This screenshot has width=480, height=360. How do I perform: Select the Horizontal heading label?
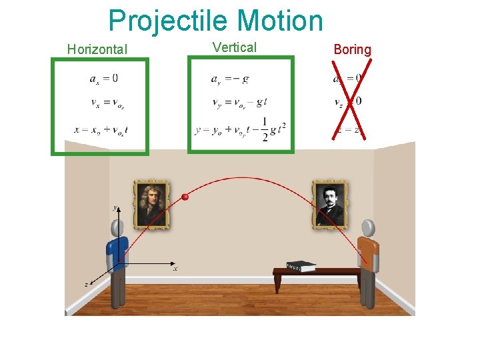tap(97, 49)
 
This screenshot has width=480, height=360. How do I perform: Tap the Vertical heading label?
tap(235, 47)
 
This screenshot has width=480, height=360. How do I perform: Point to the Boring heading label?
tap(353, 49)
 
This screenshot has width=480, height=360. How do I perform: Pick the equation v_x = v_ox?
tap(107, 103)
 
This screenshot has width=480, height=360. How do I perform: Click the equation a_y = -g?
tap(230, 79)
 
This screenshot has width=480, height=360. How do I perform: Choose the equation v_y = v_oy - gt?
tap(239, 103)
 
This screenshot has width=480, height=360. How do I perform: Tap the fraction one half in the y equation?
tap(265, 130)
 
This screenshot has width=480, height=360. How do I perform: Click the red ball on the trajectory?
tap(185, 197)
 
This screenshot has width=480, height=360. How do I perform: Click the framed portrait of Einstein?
tap(330, 203)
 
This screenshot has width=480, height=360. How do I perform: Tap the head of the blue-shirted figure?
tap(119, 228)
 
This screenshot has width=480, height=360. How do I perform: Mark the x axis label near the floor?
tap(175, 269)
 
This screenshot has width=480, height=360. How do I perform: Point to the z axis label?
tap(86, 284)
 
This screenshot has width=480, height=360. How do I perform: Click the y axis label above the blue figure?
tap(115, 209)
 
